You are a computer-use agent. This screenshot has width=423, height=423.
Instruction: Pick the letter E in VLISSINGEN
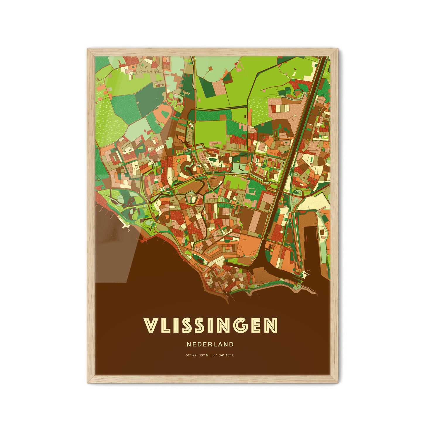click(x=256, y=325)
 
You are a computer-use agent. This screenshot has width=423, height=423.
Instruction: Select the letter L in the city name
click(x=164, y=325)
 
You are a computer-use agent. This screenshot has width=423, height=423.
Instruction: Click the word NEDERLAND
click(x=210, y=345)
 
